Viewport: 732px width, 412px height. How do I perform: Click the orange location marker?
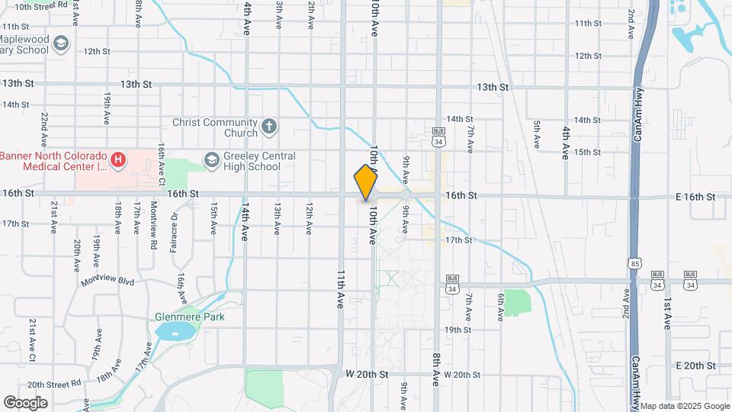point(365,182)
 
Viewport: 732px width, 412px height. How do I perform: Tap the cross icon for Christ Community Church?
point(268,127)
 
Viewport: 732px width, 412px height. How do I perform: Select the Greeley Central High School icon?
point(211,159)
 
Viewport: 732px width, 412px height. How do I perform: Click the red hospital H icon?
point(117,159)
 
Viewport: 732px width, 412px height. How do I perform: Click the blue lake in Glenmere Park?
point(173,331)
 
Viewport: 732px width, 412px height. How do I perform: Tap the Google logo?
point(25,402)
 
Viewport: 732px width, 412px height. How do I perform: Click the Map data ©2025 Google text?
point(684,406)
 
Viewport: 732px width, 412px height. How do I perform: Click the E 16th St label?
point(695,197)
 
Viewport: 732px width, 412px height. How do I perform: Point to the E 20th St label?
point(695,366)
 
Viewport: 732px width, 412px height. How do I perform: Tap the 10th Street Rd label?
point(37,7)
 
